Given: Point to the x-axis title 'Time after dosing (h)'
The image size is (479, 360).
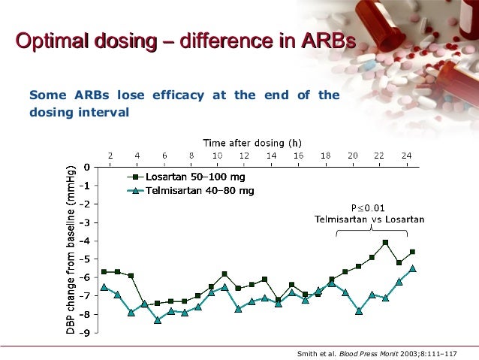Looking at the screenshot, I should [x=255, y=142].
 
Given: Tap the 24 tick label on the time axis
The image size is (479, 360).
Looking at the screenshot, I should [x=406, y=156].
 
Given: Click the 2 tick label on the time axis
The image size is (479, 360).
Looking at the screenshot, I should [x=110, y=156].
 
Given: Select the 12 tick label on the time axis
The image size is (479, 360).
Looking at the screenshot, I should [x=245, y=156].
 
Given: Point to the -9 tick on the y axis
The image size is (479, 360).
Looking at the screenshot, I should [x=87, y=333].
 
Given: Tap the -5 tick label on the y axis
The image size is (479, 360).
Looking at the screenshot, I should [x=87, y=259].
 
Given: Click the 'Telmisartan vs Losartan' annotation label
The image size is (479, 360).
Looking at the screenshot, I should [x=369, y=219].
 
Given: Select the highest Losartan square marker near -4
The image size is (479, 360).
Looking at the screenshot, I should [x=385, y=243].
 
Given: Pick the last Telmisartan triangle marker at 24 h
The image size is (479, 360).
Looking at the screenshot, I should [x=412, y=268].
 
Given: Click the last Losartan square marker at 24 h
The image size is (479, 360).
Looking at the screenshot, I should [x=412, y=252].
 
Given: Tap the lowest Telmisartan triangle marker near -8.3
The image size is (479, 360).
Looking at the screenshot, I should [x=158, y=319].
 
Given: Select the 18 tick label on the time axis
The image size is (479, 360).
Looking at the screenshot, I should [x=325, y=156].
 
